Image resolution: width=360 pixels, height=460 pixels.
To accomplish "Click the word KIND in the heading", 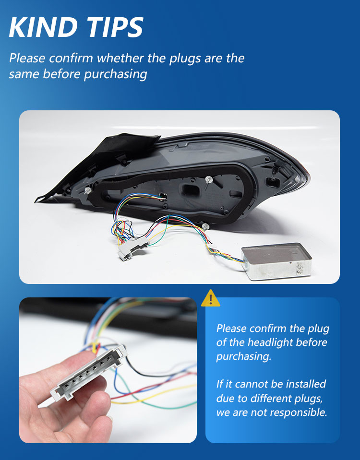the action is (44, 27).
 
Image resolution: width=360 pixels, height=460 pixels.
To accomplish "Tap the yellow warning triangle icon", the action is (211, 298).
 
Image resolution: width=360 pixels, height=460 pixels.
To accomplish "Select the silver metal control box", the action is (276, 261).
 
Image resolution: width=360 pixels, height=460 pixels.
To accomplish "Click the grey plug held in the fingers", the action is (89, 372).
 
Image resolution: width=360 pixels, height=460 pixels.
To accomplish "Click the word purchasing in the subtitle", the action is (115, 74).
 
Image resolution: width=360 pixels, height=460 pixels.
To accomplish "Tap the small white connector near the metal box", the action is (210, 248).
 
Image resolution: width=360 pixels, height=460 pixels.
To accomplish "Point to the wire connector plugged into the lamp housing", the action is (163, 196).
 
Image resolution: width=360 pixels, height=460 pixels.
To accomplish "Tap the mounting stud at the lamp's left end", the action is (87, 191).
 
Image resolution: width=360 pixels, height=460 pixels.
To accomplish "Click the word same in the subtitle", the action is (24, 74).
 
